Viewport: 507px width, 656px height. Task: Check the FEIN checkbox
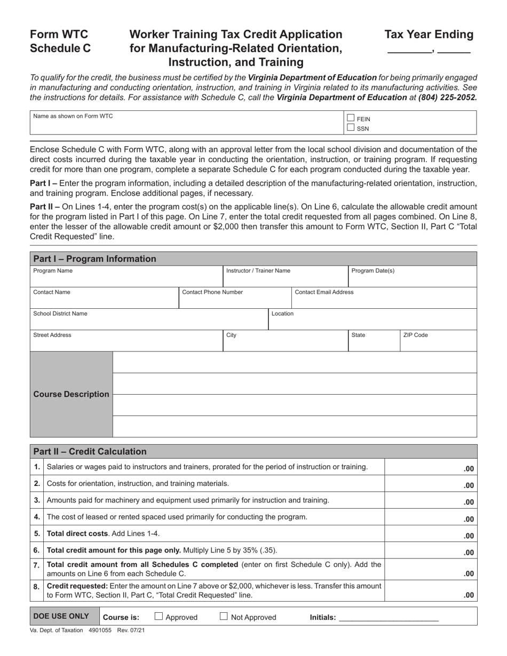click(351, 118)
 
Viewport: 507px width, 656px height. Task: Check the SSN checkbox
click(351, 127)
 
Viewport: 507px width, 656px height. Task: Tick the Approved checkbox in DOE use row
click(159, 617)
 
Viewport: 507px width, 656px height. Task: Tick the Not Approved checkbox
click(224, 617)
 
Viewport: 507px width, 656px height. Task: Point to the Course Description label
click(71, 394)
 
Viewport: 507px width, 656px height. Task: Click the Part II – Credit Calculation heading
click(90, 451)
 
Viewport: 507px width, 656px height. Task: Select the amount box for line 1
click(430, 467)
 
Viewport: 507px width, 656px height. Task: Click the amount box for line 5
click(430, 534)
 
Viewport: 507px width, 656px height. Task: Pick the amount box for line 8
click(430, 590)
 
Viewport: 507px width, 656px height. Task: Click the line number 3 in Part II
click(37, 500)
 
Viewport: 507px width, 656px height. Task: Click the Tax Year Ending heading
click(429, 35)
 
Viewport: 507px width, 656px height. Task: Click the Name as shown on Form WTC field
click(187, 123)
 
